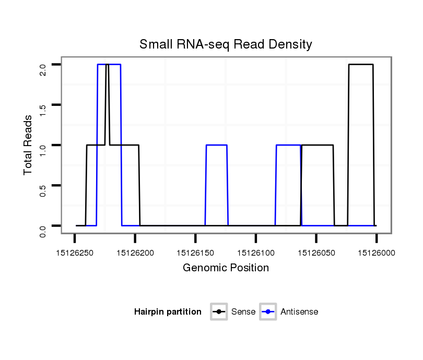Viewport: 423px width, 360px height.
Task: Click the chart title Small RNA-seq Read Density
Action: [x=226, y=44]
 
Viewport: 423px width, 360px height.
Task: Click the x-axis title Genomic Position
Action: [x=226, y=268]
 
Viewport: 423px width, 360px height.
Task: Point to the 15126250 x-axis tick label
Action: [x=75, y=253]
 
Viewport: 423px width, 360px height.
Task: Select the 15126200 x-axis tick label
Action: [x=135, y=253]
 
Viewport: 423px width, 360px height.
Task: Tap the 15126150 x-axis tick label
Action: [x=195, y=253]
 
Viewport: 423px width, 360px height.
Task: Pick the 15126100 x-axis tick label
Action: [x=256, y=253]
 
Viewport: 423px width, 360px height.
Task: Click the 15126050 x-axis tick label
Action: [x=316, y=253]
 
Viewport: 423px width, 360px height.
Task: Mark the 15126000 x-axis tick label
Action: [x=376, y=253]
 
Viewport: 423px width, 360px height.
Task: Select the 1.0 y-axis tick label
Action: [x=43, y=145]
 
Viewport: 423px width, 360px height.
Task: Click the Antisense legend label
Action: [x=299, y=312]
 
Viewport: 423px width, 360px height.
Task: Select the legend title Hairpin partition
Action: [x=168, y=312]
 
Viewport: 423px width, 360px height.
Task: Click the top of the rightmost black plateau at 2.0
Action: [x=361, y=65]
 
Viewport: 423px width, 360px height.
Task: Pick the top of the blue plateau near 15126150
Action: [x=216, y=145]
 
